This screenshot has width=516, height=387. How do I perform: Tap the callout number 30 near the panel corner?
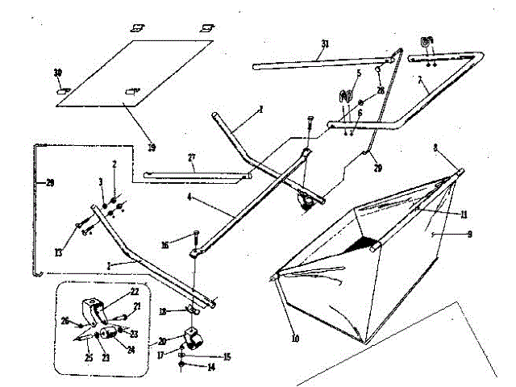point(57,73)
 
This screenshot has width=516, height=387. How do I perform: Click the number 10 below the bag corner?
point(294,339)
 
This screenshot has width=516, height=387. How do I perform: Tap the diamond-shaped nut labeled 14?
point(181,367)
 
